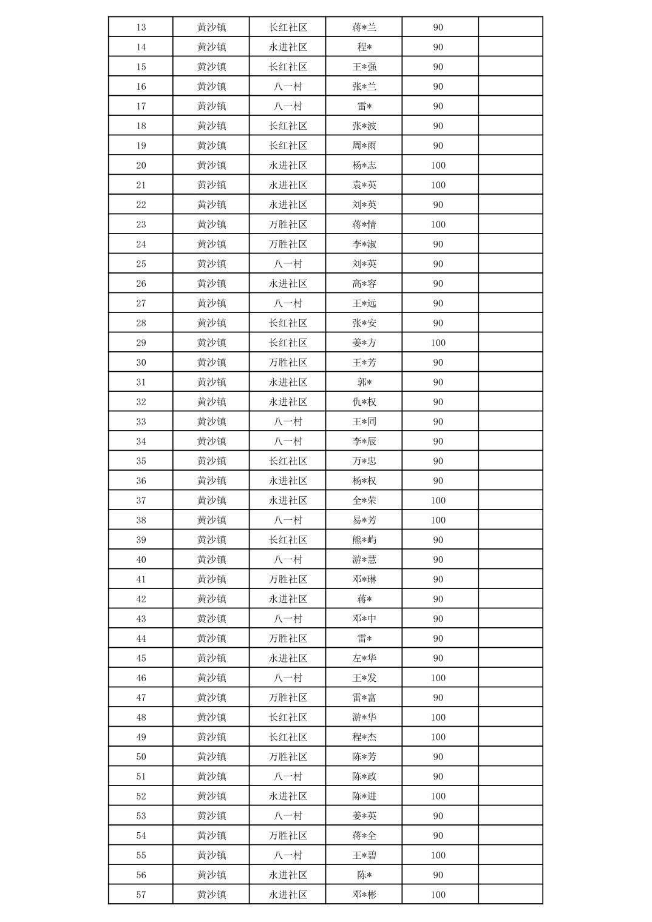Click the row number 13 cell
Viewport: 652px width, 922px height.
pos(141,27)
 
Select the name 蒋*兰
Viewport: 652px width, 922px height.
pos(364,27)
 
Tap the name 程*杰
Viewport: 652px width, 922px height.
pos(364,737)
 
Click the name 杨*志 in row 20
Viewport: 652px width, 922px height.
pos(364,165)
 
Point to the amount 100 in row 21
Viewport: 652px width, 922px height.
pos(438,185)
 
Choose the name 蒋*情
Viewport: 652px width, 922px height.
pos(364,224)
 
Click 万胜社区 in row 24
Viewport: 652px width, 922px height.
pos(288,244)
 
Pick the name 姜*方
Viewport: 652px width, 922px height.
pos(364,343)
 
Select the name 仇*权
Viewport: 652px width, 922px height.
pos(364,402)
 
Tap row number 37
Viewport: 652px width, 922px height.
pos(141,500)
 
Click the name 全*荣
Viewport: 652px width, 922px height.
pos(364,500)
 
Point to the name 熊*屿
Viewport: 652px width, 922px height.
pos(364,540)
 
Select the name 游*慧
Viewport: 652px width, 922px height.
pos(364,559)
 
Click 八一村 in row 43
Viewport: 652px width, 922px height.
pos(288,619)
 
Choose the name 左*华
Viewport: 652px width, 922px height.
pos(364,658)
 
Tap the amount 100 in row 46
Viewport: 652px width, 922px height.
pos(438,678)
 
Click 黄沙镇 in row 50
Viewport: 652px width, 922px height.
pos(211,756)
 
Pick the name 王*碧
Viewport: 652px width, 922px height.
pos(364,855)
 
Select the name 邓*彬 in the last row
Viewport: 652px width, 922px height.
pos(364,895)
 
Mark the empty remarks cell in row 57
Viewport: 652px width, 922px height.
pos(510,895)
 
